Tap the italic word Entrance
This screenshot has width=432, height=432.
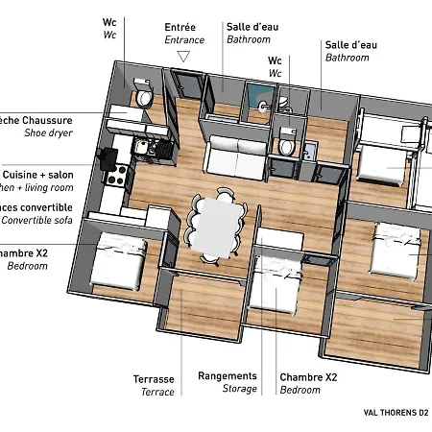tap(183, 40)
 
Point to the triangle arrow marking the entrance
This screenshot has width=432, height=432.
tap(183, 59)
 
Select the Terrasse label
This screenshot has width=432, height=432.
tap(154, 379)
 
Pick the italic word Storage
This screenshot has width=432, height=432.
tap(240, 390)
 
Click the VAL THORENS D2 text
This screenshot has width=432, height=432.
tap(396, 413)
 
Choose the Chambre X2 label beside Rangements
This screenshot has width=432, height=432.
tap(308, 377)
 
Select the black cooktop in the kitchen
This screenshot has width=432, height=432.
tap(116, 176)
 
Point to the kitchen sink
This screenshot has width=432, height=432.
tap(140, 146)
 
